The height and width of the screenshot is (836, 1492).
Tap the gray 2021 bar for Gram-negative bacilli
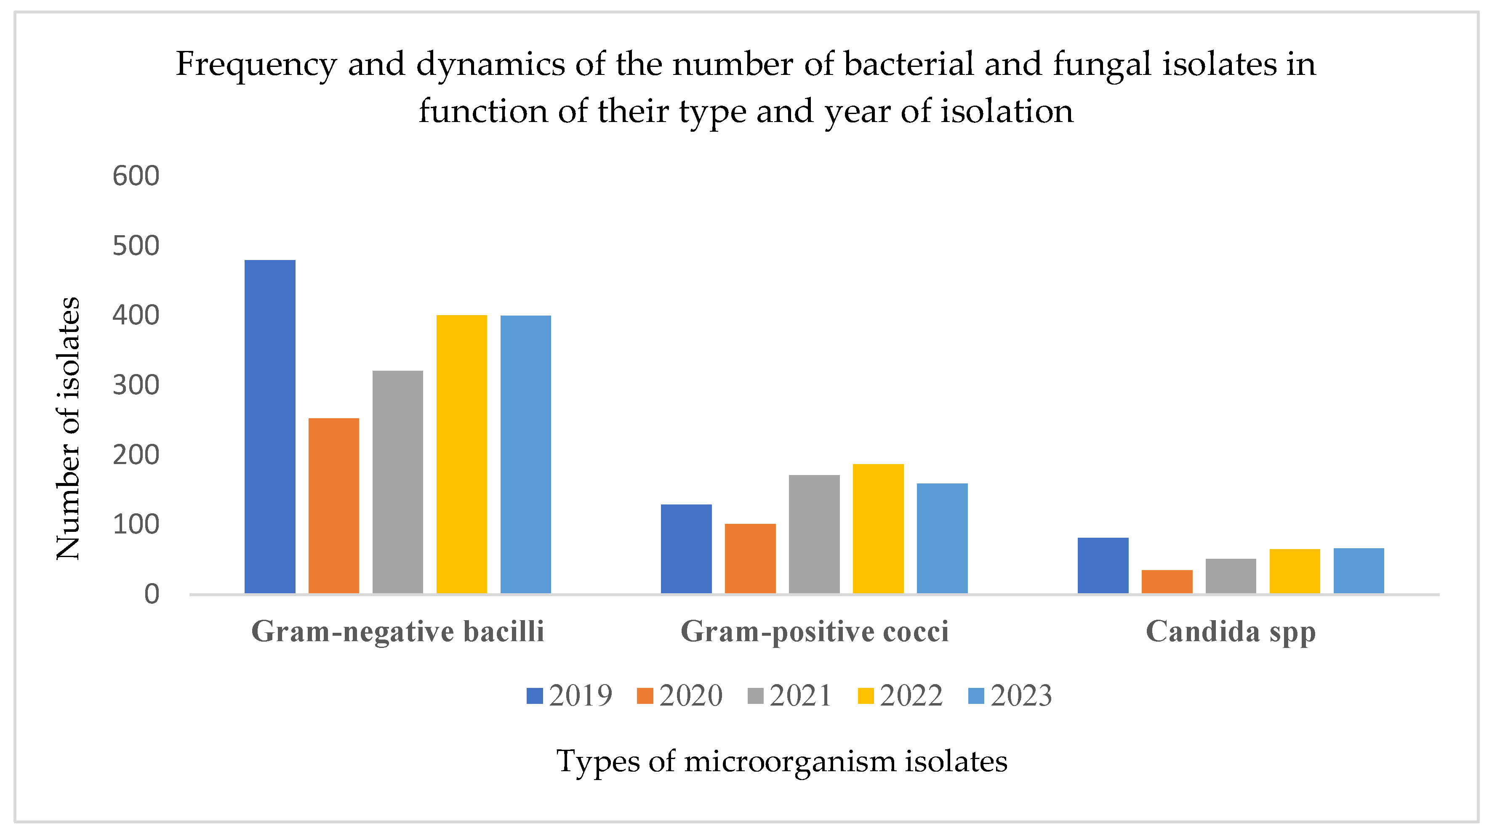[398, 482]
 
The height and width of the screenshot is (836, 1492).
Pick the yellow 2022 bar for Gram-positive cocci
[878, 528]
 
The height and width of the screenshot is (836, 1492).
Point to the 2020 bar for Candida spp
[1167, 581]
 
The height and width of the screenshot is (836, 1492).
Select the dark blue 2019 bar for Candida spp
[1103, 565]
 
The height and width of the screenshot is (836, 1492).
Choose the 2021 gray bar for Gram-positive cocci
[814, 534]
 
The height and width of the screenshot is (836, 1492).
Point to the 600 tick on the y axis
[136, 176]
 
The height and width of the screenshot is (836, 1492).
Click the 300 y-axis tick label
[136, 385]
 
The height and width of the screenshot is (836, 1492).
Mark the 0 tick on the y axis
[152, 594]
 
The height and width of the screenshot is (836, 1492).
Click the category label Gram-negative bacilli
[397, 631]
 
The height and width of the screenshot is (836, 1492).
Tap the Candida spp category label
[1231, 632]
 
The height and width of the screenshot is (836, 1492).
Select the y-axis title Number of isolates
[68, 428]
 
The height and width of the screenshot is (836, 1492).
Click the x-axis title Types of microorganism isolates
[781, 761]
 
